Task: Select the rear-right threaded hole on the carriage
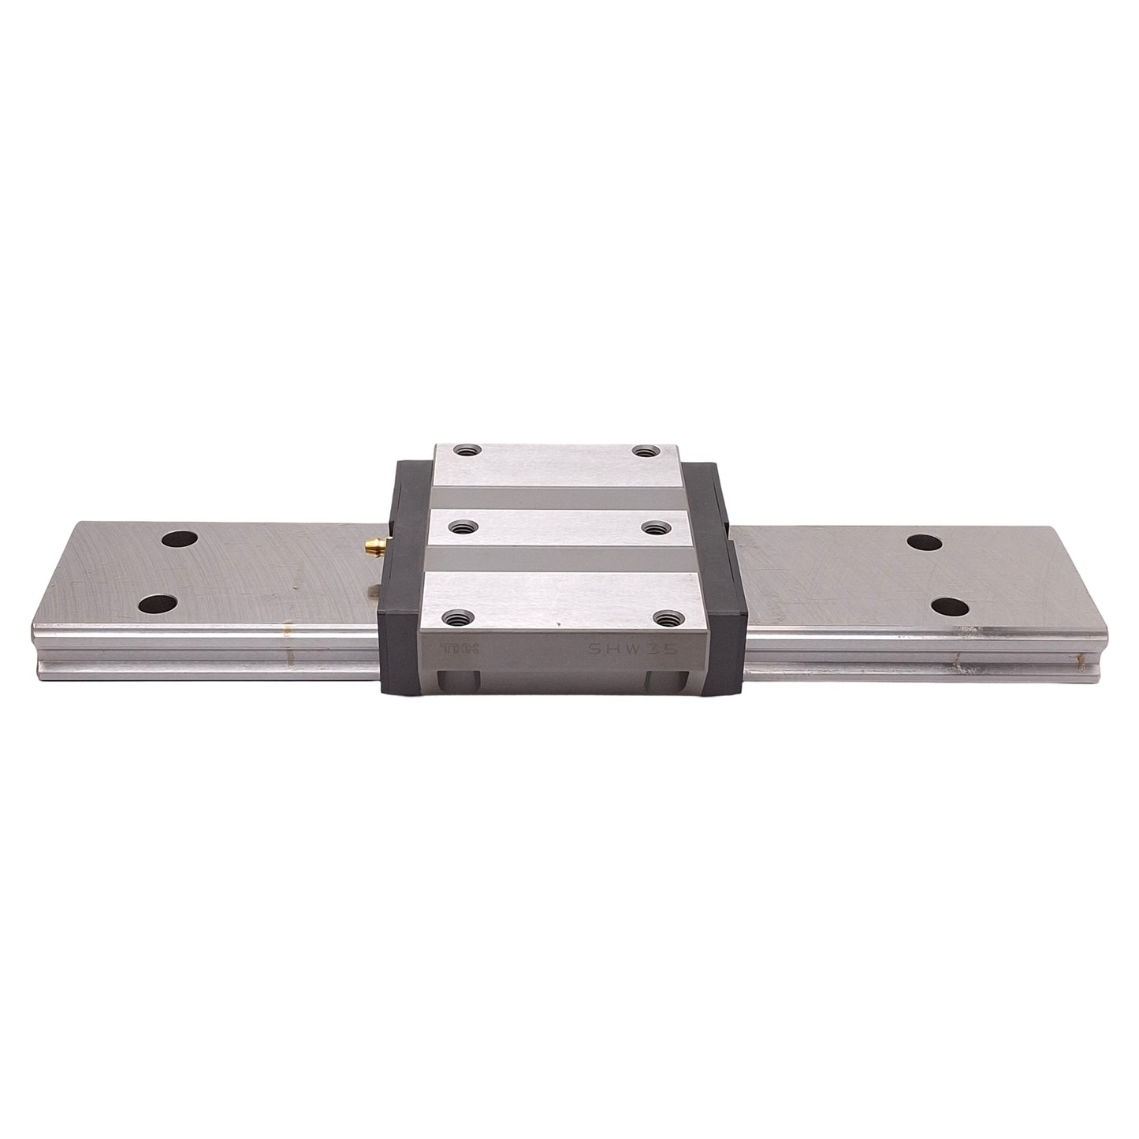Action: tap(645, 452)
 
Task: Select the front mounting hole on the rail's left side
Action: tap(156, 605)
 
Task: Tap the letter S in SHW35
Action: tap(596, 648)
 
